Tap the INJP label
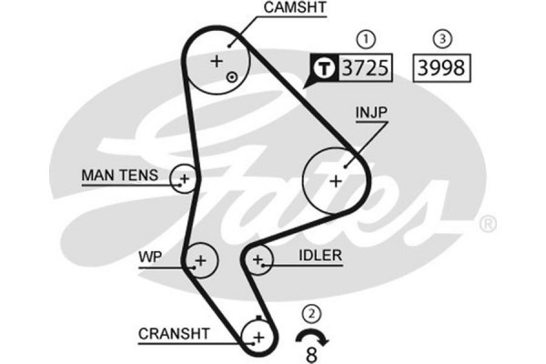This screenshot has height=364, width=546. point(372,114)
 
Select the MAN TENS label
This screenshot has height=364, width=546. point(119,175)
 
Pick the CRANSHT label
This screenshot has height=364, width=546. point(175,334)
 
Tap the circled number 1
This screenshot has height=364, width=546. point(366,39)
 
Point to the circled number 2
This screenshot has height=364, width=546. point(312,314)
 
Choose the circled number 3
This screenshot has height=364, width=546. point(441,39)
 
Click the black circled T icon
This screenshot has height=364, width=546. point(324,67)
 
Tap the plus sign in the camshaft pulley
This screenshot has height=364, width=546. point(216,62)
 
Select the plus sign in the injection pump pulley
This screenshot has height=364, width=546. point(335,180)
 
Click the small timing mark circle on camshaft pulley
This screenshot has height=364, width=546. point(233,77)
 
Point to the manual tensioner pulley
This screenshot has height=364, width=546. point(184,179)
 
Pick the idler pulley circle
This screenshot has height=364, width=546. point(258,261)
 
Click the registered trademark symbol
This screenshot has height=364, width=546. point(488,223)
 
